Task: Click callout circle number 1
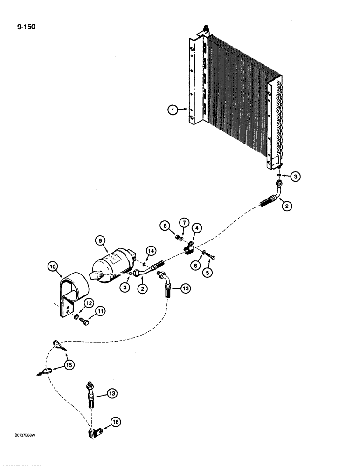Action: click(173, 110)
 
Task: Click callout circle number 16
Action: click(115, 423)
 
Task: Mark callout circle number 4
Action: click(198, 227)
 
